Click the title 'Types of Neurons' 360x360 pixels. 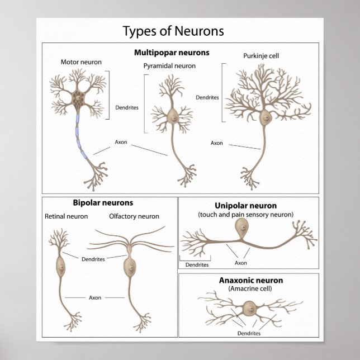173,31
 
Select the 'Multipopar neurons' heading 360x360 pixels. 172,53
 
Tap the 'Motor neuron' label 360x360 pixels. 81,62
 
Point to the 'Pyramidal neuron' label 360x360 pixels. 169,66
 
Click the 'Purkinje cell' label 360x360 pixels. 260,56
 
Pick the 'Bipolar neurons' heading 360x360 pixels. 103,203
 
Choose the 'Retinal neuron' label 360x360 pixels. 66,216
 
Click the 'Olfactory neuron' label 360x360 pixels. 134,216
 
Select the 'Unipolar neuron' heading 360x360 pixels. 245,206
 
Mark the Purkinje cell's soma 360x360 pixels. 264,117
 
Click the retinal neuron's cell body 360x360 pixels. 60,267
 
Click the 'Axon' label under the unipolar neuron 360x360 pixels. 240,263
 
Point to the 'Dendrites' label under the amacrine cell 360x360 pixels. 249,333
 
